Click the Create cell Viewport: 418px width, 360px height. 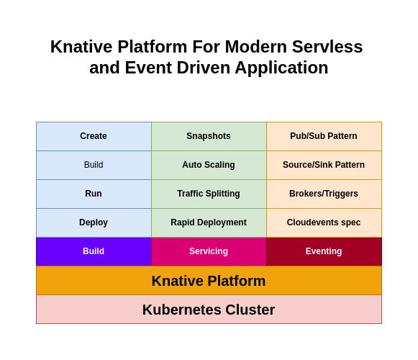(x=94, y=136)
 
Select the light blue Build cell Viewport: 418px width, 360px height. (x=94, y=165)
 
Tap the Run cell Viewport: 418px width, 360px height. (x=94, y=194)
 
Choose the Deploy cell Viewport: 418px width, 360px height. (x=94, y=222)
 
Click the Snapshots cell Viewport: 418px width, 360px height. (x=209, y=136)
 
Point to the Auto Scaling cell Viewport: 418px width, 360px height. (x=209, y=165)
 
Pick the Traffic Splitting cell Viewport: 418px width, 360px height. (x=209, y=194)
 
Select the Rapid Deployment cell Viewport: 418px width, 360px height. (x=209, y=222)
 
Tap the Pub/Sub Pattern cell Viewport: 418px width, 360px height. (x=324, y=136)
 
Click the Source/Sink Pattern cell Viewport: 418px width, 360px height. (x=324, y=165)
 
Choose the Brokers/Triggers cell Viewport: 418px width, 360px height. (x=324, y=194)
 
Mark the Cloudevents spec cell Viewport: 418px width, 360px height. (x=324, y=222)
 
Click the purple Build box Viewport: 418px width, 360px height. (x=94, y=252)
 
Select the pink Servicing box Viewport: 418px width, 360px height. (x=209, y=252)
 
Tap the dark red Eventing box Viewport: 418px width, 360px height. (x=324, y=252)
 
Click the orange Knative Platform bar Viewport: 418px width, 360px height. (x=209, y=281)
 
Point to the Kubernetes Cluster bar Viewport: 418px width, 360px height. (x=209, y=310)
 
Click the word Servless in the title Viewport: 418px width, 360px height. (x=327, y=47)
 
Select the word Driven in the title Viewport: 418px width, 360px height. (x=204, y=68)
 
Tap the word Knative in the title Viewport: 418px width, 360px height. (x=81, y=47)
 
